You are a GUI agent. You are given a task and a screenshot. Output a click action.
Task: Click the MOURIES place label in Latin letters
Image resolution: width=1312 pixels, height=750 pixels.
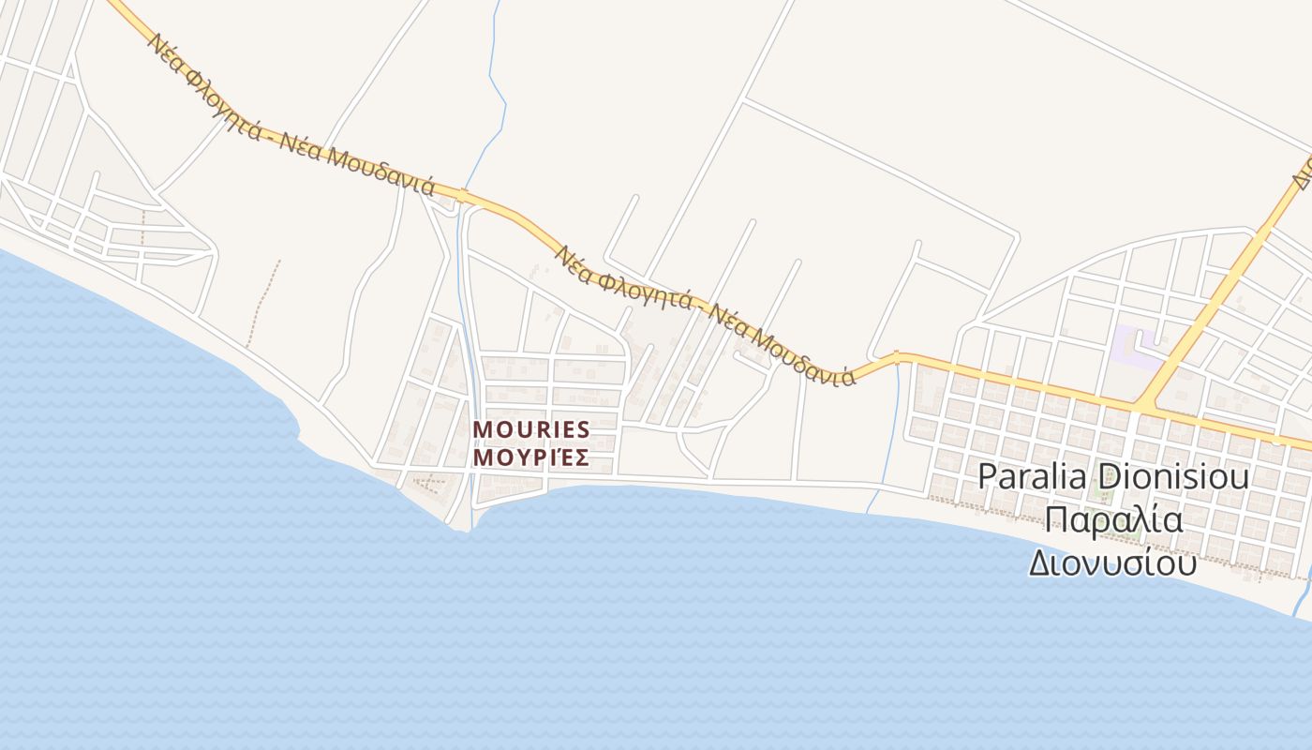(x=531, y=429)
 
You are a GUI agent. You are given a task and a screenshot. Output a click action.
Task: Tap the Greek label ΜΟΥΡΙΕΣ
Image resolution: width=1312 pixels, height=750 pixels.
(x=531, y=457)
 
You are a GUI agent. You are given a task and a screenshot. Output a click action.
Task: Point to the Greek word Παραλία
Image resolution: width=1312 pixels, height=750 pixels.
(x=1113, y=519)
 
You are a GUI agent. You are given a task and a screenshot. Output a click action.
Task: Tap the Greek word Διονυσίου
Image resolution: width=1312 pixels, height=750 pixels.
(x=1113, y=562)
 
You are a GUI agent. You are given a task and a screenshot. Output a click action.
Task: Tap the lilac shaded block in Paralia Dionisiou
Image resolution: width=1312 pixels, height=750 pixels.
(x=1136, y=346)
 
